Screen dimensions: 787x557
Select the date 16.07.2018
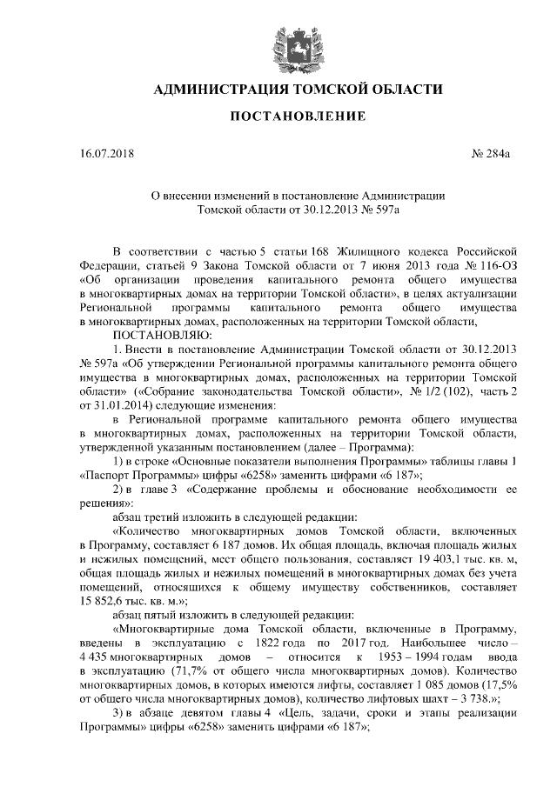coord(104,157)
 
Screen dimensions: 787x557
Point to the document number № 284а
coord(490,157)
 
